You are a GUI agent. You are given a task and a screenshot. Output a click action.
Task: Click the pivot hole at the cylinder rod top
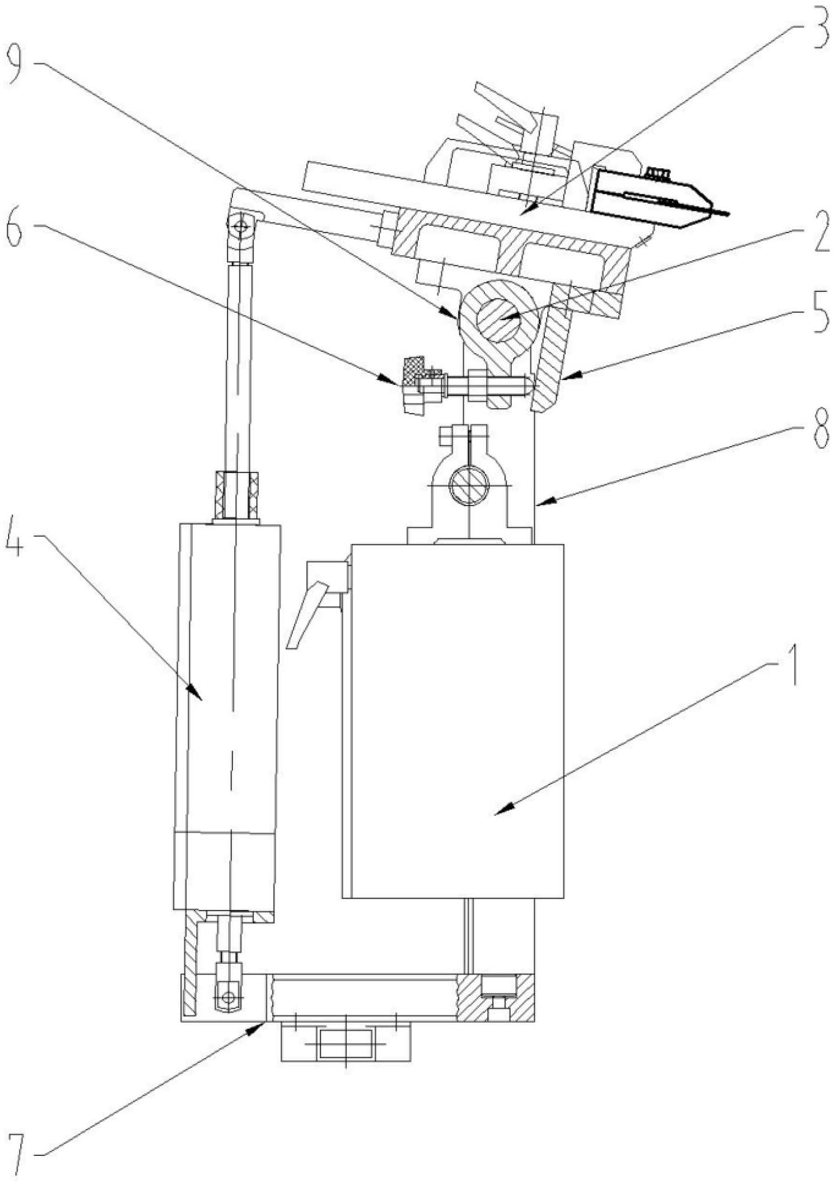241,227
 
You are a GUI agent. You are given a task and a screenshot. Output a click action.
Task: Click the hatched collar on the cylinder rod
237,496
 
